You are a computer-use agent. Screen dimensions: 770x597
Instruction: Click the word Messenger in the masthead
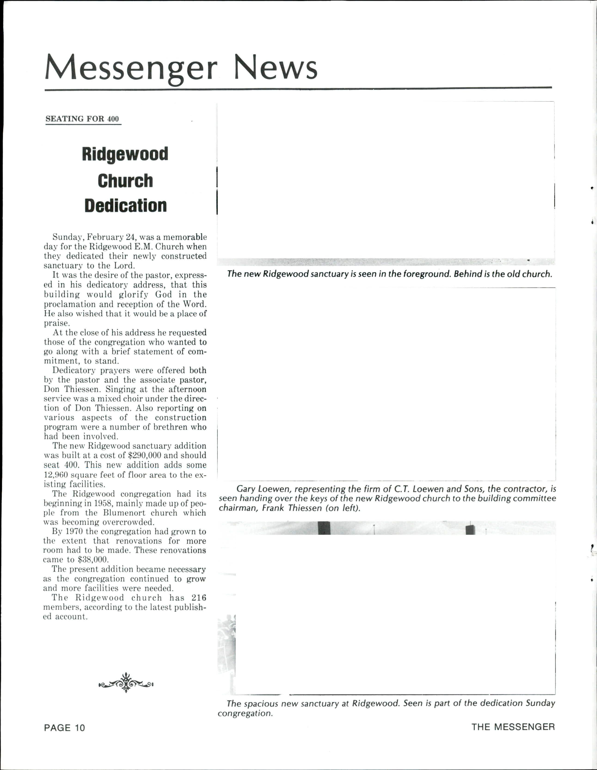point(131,67)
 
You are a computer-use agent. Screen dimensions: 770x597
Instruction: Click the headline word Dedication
point(125,205)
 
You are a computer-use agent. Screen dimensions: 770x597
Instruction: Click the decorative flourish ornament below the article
point(126,683)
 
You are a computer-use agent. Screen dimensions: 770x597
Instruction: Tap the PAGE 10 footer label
point(64,727)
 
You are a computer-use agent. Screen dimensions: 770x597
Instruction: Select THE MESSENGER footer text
point(513,727)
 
